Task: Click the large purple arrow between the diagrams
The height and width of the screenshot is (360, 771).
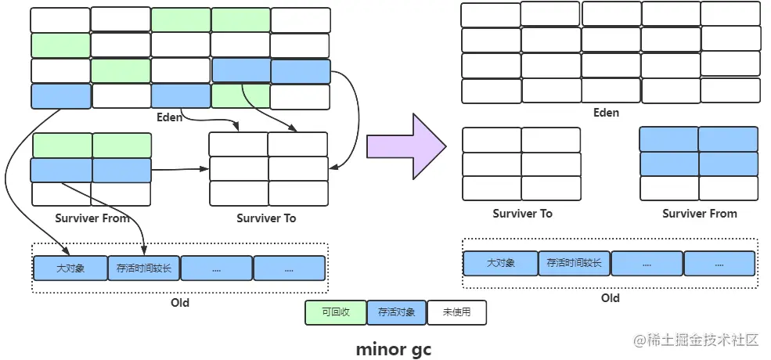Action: [x=406, y=146]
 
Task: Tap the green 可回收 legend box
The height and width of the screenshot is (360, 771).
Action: [x=336, y=313]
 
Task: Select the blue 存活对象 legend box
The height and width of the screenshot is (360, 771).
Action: [x=396, y=313]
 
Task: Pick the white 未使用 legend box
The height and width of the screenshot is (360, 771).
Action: [x=456, y=313]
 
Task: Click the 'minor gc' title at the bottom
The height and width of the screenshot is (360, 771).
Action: [x=394, y=349]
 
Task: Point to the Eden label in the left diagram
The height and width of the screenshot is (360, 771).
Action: [x=170, y=117]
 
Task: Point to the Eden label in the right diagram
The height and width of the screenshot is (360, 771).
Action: [x=606, y=113]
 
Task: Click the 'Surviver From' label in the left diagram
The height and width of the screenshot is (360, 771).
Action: [x=92, y=218]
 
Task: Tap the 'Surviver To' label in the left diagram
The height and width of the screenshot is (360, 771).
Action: [x=266, y=218]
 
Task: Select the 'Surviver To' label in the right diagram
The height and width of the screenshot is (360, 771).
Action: [x=522, y=214]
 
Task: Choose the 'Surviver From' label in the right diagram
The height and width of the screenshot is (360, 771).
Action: [x=699, y=214]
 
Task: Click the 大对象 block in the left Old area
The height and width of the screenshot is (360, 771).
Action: [x=70, y=268]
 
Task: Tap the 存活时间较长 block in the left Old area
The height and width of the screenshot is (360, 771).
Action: [x=143, y=268]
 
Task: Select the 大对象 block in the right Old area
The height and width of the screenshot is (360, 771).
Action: [x=500, y=263]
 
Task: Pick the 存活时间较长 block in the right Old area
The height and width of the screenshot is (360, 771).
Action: [x=574, y=263]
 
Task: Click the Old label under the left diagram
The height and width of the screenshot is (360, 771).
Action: [x=180, y=302]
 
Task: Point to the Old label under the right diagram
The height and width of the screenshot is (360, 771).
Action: [x=611, y=298]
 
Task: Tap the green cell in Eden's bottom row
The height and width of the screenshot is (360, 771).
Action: [x=240, y=96]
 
